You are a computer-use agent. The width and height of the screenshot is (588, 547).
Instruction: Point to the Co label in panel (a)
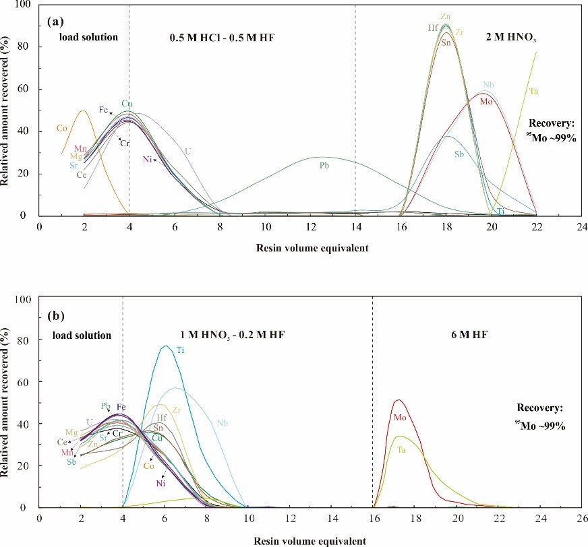(61, 128)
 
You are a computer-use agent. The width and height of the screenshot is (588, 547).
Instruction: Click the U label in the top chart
(187, 152)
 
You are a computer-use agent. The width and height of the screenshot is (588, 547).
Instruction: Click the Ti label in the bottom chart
(180, 350)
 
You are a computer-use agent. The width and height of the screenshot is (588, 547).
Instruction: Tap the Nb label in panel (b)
(222, 423)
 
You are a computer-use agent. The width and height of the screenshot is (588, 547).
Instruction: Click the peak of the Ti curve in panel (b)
(165, 346)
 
